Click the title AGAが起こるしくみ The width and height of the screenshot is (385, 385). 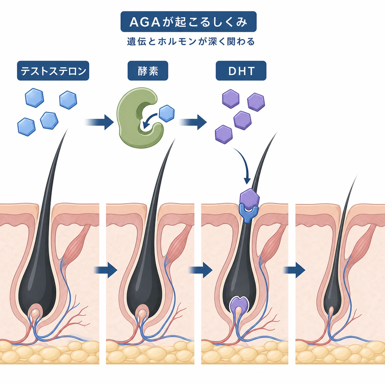(x=188, y=21)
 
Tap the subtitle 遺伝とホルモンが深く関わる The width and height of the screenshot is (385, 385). (x=191, y=42)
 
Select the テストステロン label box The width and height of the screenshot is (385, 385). (x=53, y=71)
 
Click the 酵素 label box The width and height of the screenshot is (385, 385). (x=148, y=71)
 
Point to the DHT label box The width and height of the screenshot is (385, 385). (x=241, y=71)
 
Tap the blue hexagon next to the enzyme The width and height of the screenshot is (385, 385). (x=167, y=114)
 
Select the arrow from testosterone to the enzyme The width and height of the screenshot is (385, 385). (x=99, y=122)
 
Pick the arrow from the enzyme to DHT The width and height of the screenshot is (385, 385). (x=193, y=122)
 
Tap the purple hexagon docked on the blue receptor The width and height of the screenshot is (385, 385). (x=250, y=199)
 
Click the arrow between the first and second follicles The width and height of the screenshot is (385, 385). (x=105, y=270)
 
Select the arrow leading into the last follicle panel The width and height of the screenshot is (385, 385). (x=294, y=270)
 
